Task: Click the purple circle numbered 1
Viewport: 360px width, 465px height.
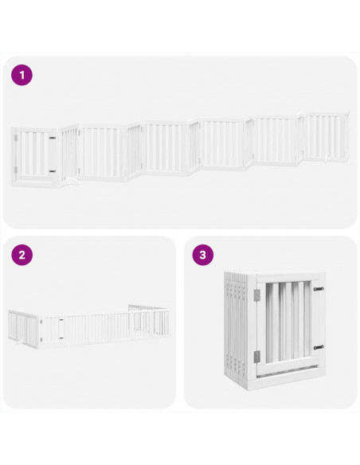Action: pos(22,75)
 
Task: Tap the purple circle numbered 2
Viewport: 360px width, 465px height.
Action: pos(22,256)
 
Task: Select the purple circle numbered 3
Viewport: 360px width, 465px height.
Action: pos(203,256)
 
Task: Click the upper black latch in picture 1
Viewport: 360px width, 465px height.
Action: pos(52,139)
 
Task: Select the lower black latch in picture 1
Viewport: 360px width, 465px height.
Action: pos(52,170)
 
